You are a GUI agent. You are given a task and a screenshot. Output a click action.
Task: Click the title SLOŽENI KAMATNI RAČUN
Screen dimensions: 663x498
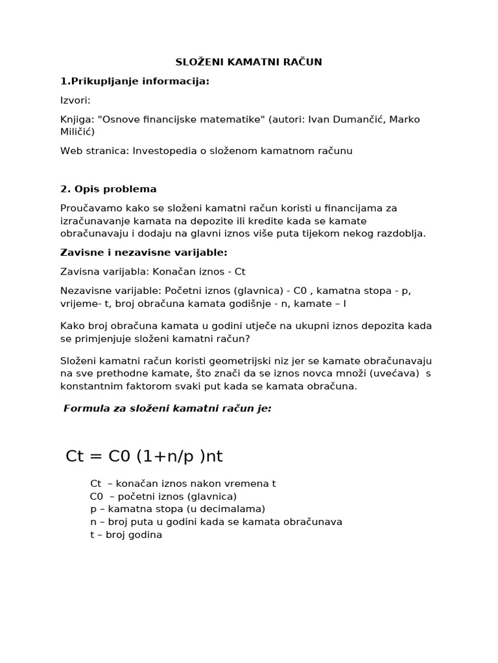point(249,62)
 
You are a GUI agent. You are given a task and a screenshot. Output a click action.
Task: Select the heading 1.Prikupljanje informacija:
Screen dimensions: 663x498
point(135,81)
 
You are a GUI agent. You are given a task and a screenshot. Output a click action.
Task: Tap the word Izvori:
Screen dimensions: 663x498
point(75,100)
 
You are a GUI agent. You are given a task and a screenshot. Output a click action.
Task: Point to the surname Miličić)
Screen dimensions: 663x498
point(77,131)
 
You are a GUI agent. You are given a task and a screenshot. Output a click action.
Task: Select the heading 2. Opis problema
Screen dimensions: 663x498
point(108,189)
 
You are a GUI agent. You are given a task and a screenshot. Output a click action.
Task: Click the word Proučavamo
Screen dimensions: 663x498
point(89,208)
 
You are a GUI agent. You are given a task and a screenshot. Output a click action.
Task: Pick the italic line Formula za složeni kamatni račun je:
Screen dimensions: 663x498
point(167,409)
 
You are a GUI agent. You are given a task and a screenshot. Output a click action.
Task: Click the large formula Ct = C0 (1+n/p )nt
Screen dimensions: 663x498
point(145,456)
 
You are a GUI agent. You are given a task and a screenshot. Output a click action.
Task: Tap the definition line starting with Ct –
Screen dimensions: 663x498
point(183,484)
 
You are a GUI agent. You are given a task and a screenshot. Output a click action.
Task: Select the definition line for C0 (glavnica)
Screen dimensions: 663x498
point(163,497)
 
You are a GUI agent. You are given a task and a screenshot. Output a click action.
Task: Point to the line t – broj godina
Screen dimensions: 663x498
point(126,535)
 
